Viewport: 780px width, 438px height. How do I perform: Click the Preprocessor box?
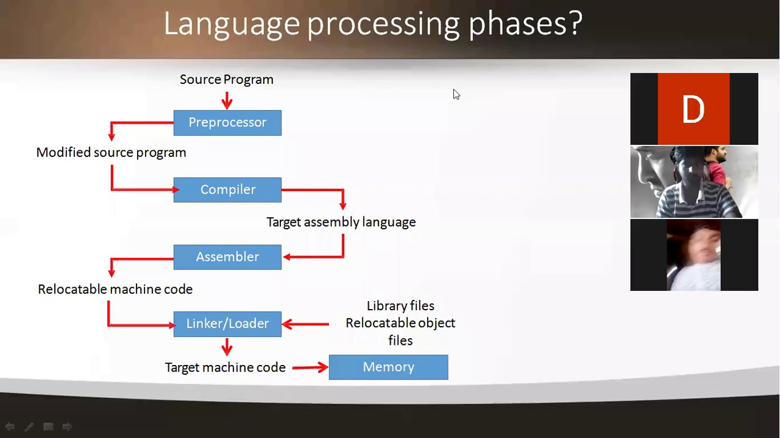click(227, 123)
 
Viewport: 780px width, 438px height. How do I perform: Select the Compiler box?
click(227, 190)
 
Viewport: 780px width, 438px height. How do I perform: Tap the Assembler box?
click(227, 257)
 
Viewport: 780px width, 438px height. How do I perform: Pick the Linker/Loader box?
click(227, 324)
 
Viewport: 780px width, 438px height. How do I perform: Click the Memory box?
click(388, 367)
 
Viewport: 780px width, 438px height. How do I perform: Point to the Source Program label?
click(226, 80)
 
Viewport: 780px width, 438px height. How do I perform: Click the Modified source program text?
click(111, 153)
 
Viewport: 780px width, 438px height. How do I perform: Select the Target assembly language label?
click(341, 223)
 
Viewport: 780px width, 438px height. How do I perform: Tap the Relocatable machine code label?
click(115, 290)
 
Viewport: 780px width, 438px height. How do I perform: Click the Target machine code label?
click(225, 367)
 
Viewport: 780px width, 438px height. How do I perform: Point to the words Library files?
click(400, 306)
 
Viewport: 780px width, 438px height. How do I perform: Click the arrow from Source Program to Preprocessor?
click(227, 100)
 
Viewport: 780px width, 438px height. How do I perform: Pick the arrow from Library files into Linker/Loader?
click(305, 324)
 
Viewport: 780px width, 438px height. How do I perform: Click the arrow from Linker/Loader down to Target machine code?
click(227, 347)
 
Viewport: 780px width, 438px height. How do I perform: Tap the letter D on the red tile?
click(693, 110)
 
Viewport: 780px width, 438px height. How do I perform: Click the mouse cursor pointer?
click(456, 94)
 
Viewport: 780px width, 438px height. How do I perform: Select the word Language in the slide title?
click(232, 24)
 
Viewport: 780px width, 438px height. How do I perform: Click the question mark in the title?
click(575, 24)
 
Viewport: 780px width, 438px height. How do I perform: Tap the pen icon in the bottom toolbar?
click(29, 427)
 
